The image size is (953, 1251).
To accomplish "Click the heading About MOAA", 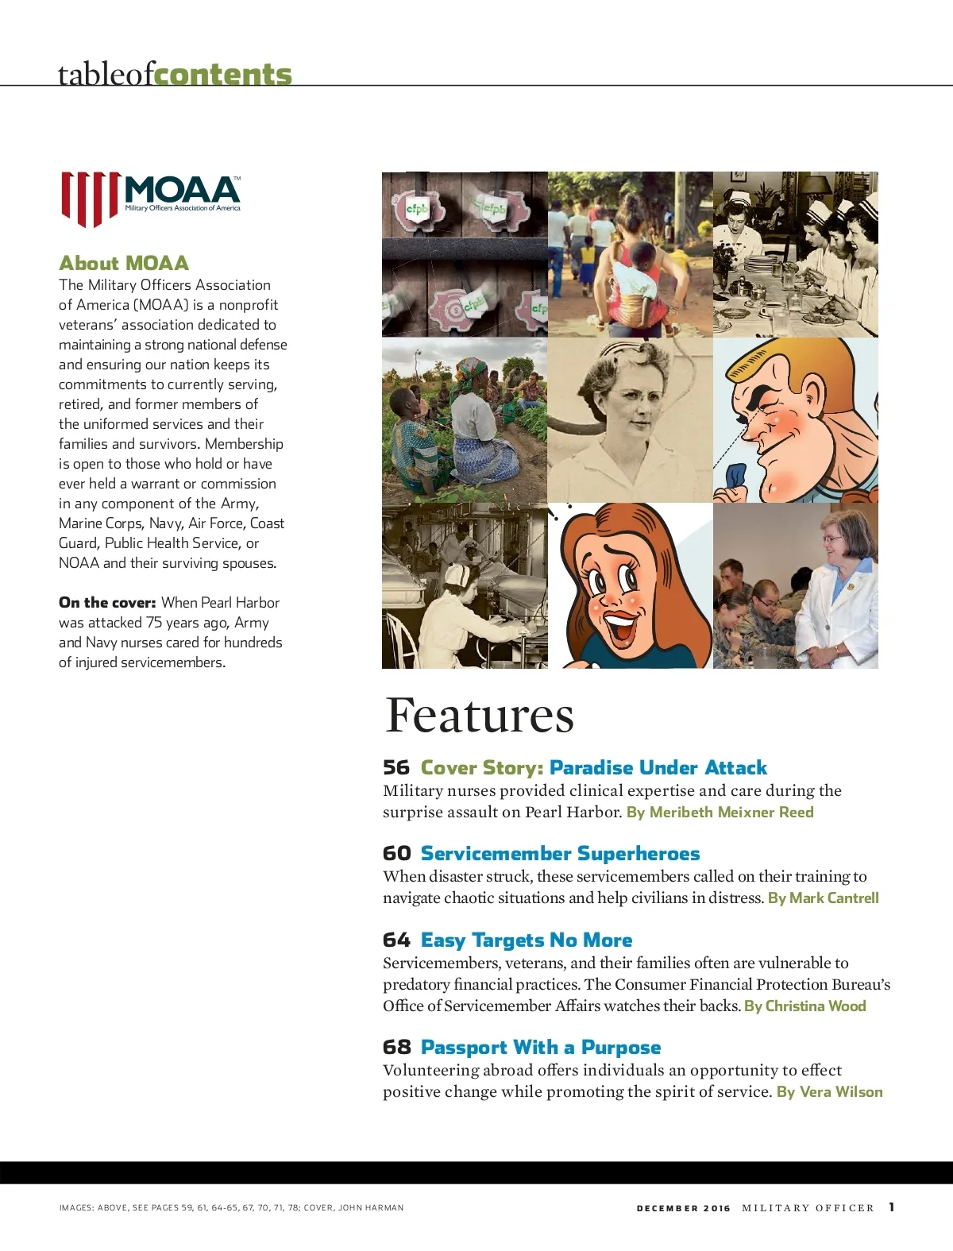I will tap(124, 263).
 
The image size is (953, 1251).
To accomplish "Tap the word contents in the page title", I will tap(223, 74).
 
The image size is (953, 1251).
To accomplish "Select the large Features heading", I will tap(479, 715).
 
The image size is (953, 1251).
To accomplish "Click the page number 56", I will tap(395, 767).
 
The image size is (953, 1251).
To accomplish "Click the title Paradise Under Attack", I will tap(658, 767).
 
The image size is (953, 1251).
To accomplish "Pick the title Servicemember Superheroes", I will tap(560, 853).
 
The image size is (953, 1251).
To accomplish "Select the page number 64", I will tap(396, 940).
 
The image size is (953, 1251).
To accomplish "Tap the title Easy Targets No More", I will tap(527, 940).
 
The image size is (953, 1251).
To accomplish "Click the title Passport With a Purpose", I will tap(541, 1047).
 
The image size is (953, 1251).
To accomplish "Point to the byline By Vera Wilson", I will tap(829, 1091).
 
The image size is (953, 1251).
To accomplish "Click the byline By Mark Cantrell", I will tap(823, 898).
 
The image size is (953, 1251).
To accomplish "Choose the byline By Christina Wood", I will tap(804, 1006).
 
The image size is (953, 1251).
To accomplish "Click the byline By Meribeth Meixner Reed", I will tap(720, 812).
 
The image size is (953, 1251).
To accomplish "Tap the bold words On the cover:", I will tap(107, 602).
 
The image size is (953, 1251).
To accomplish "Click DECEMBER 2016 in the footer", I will tap(683, 1207).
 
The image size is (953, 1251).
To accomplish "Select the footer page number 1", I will tap(892, 1207).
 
